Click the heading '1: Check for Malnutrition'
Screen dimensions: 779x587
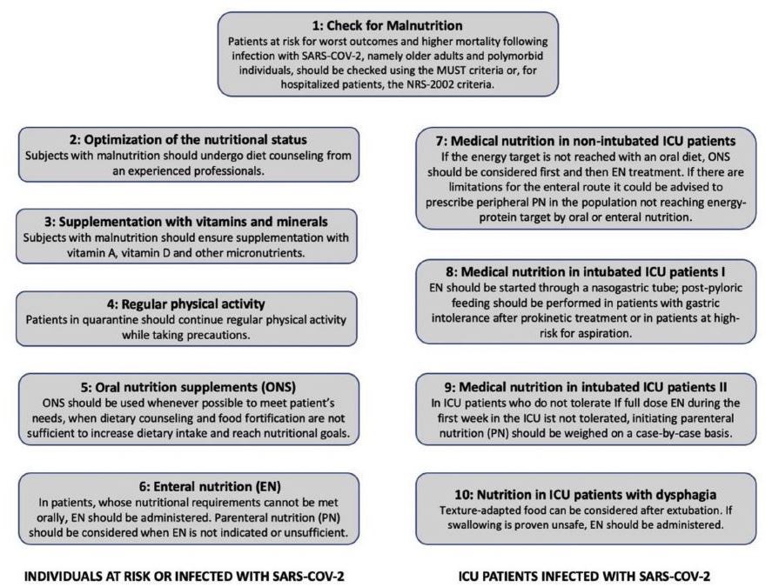(x=387, y=25)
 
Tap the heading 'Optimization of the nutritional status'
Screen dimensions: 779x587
(x=195, y=139)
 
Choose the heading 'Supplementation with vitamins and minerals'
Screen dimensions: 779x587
(x=193, y=221)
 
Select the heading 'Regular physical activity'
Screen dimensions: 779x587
(x=193, y=304)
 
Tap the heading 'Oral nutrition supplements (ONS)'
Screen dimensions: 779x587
(x=195, y=387)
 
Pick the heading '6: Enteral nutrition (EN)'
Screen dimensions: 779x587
(x=210, y=486)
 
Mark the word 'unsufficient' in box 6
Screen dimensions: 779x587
(x=317, y=532)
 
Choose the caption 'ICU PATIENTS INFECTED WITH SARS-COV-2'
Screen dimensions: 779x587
(x=584, y=576)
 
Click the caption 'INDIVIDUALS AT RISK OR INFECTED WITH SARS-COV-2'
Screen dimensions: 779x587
(x=185, y=576)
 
